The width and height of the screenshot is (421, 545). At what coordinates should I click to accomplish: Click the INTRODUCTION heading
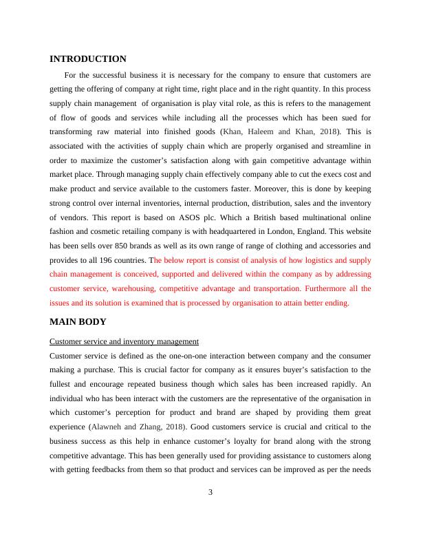[88, 59]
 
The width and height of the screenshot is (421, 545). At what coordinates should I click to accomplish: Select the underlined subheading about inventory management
[125, 341]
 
